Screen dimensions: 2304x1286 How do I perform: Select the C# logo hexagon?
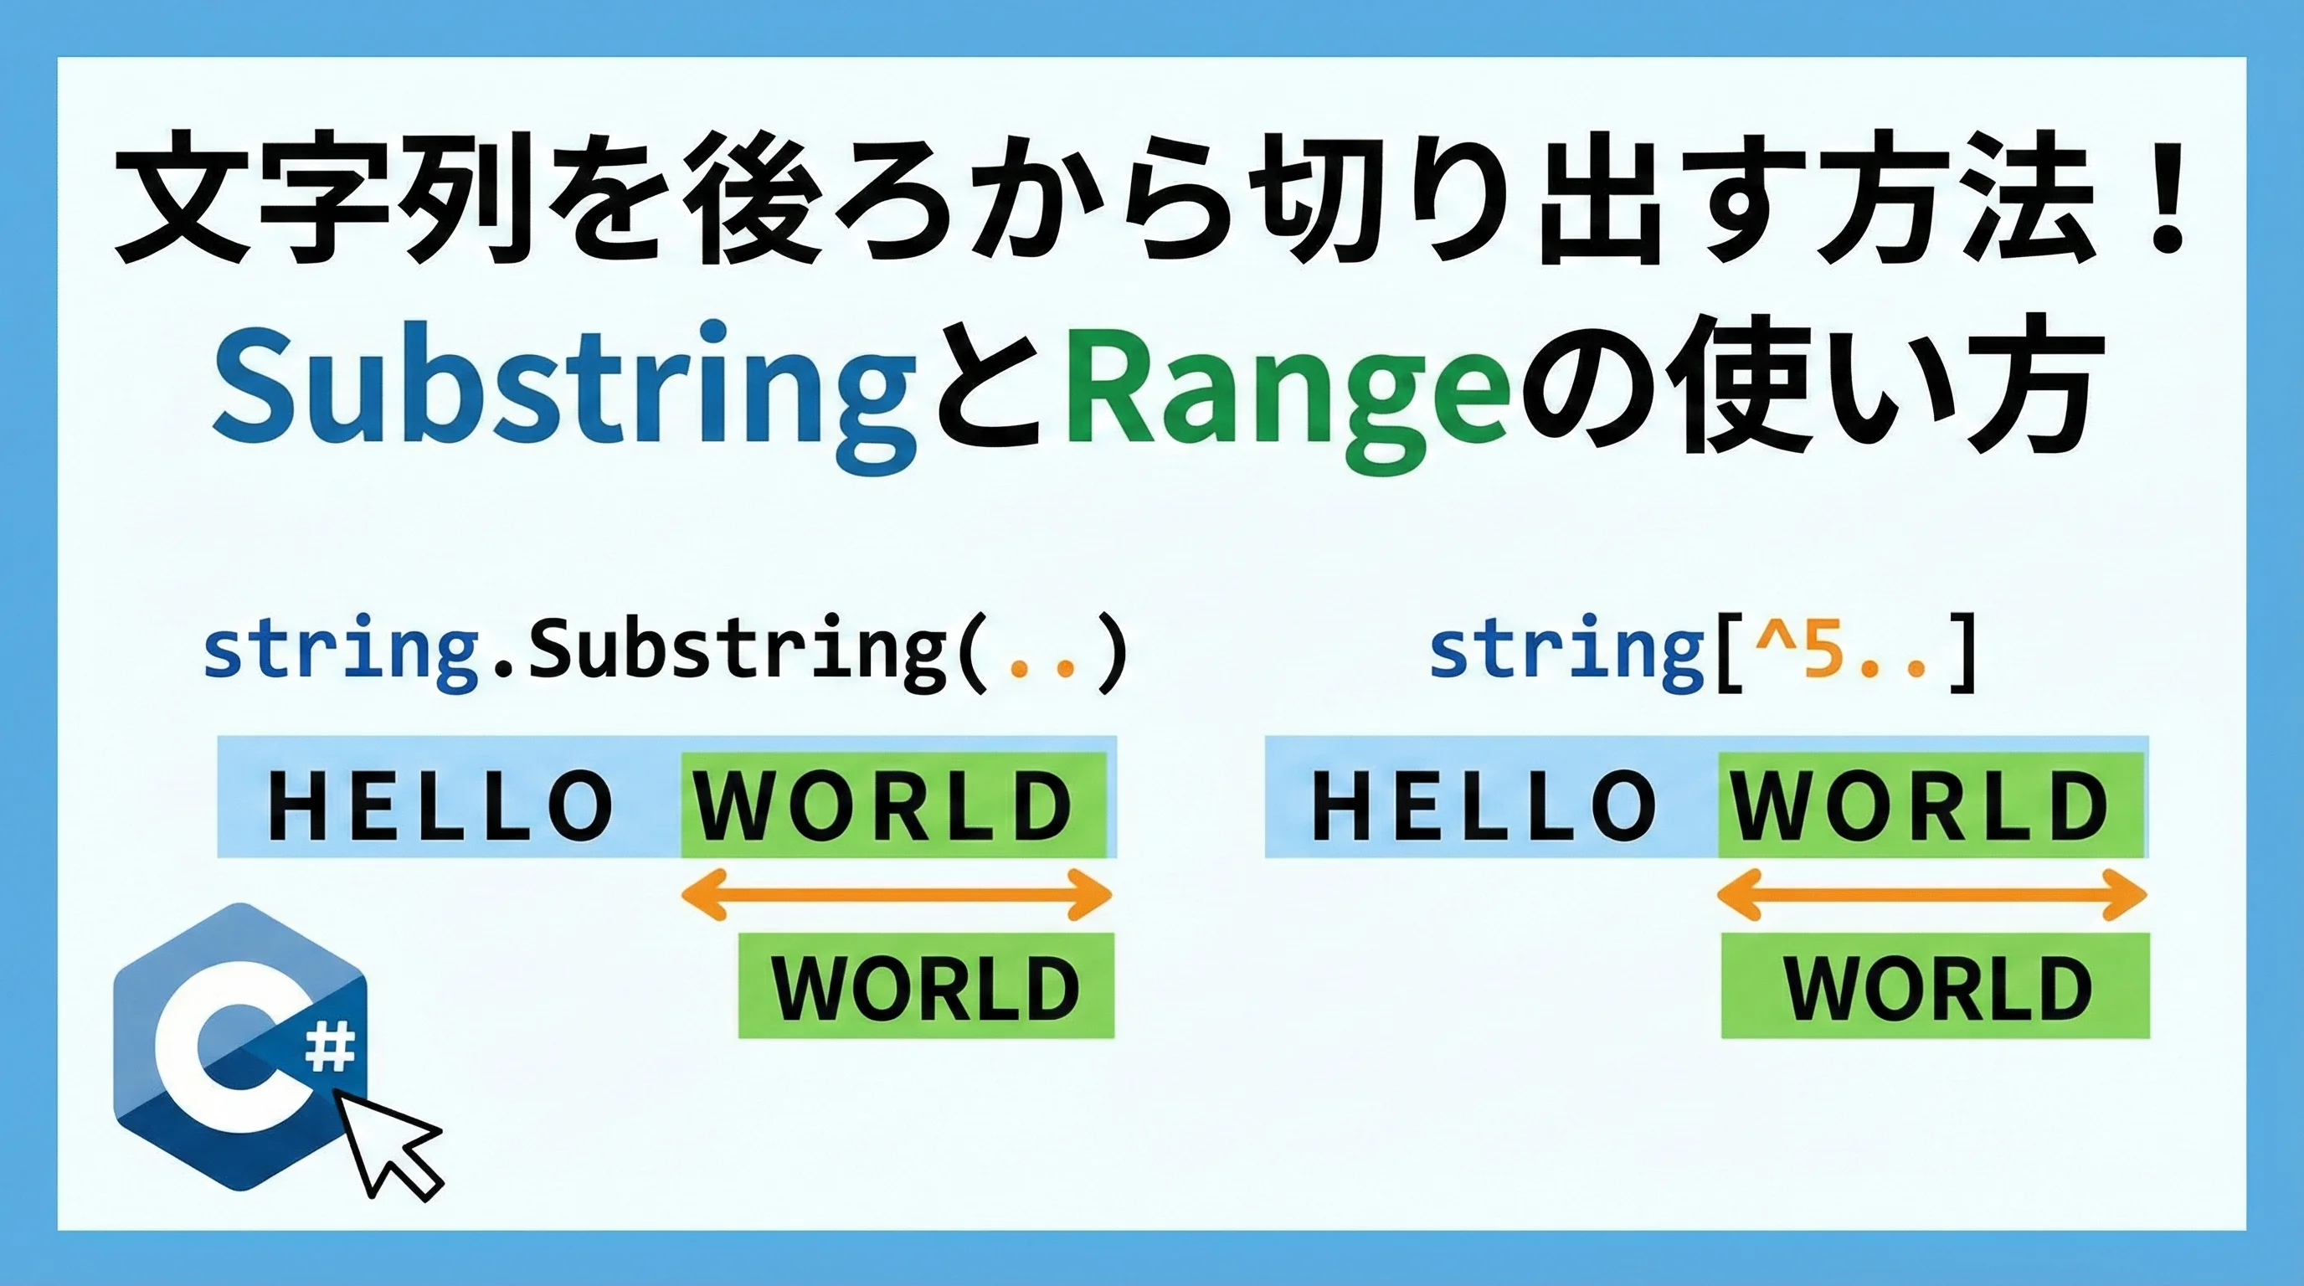240,1046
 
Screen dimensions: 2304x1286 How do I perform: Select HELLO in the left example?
440,805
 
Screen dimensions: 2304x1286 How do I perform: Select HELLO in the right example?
1482,805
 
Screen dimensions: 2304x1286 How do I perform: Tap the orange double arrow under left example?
896,893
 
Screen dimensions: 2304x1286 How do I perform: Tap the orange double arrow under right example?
1932,893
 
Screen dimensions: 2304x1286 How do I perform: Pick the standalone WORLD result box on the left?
927,985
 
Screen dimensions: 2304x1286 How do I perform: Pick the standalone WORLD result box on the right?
1936,985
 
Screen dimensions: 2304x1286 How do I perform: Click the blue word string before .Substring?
341,651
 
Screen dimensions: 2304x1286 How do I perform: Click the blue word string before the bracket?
1567,651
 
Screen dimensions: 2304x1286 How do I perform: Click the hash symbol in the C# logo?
331,1047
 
